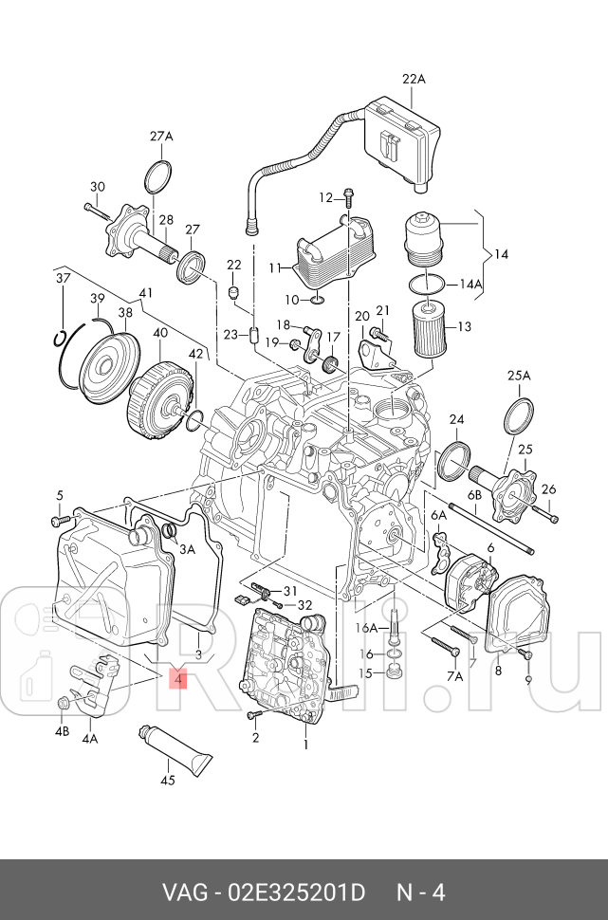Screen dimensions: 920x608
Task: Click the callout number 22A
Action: point(414,80)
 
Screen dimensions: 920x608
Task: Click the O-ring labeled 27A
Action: point(160,177)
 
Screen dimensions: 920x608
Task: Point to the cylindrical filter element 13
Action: point(432,326)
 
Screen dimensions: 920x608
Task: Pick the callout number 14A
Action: point(470,284)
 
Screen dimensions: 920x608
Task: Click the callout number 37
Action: point(63,278)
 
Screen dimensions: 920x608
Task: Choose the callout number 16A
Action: point(366,628)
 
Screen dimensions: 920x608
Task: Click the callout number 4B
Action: point(62,731)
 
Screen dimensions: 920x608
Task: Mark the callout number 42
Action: point(195,354)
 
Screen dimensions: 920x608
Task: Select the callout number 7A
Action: point(454,676)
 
